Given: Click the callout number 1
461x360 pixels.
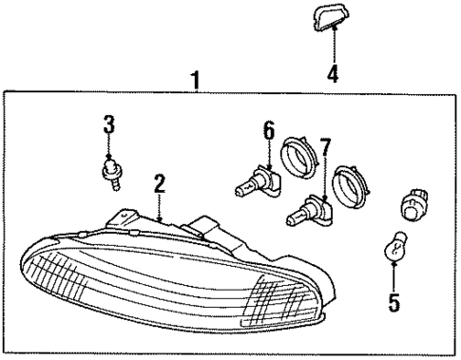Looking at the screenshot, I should point(195,81).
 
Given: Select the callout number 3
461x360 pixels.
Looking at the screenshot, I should point(109,123).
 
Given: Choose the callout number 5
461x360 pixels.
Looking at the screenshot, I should point(394,303).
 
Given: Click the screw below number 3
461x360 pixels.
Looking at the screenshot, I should point(111,171).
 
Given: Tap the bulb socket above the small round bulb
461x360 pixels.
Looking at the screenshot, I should point(414,203).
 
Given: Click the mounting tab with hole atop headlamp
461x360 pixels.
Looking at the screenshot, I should point(122,218).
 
